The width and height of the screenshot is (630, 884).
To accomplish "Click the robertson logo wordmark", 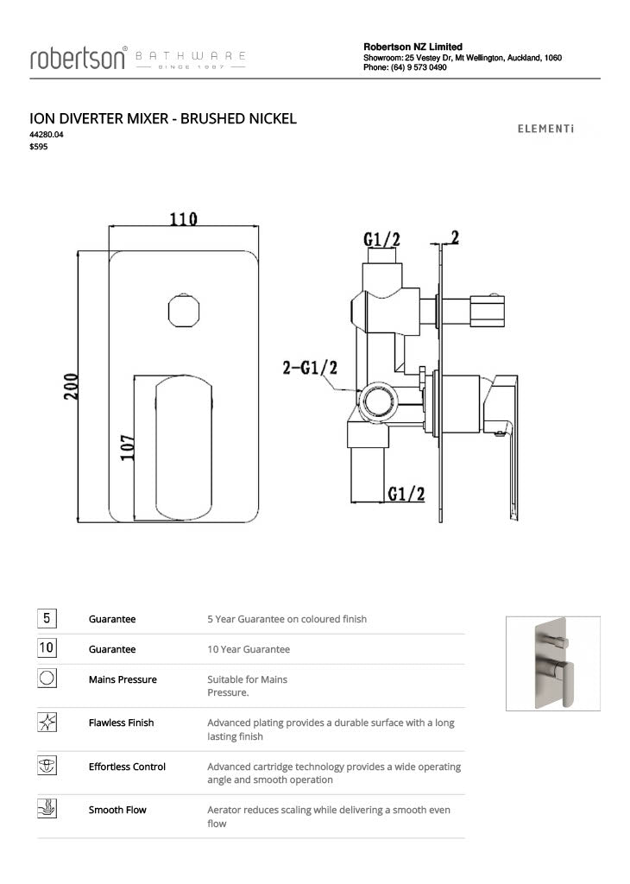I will [x=79, y=58].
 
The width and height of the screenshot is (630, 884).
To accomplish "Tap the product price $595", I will [x=39, y=147].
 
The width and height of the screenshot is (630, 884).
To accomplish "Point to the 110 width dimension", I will [x=183, y=219].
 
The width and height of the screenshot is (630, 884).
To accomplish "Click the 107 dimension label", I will [x=126, y=447].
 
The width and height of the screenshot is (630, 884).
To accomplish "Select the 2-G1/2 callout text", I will [x=309, y=369].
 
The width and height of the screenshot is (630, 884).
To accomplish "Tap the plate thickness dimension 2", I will [x=454, y=237].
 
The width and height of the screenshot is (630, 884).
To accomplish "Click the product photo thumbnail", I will [x=552, y=663].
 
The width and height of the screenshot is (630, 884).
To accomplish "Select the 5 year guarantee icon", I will [x=47, y=618].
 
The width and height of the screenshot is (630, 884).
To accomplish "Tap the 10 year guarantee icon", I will [x=47, y=648].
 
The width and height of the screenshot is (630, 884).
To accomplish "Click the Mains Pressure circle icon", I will [x=47, y=679].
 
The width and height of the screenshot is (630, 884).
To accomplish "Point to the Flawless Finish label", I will [x=121, y=723].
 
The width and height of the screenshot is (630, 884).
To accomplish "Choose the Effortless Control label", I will [x=127, y=767].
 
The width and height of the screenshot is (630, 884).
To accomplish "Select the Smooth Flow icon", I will [x=47, y=809].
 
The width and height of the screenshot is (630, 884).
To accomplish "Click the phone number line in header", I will [x=405, y=67].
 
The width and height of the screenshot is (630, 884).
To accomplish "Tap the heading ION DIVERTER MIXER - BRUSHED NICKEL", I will [x=163, y=118].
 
